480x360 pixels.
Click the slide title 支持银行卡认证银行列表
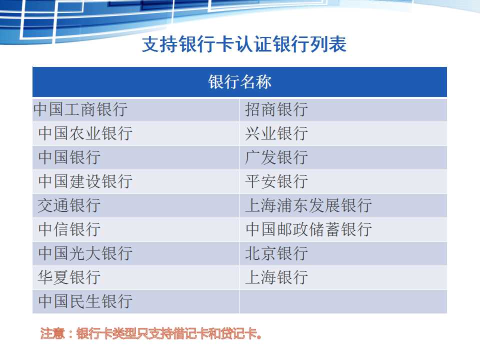(x=244, y=44)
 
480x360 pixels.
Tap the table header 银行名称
(x=239, y=82)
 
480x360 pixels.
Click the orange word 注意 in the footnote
(x=52, y=333)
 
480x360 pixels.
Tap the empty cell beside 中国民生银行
(x=343, y=301)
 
